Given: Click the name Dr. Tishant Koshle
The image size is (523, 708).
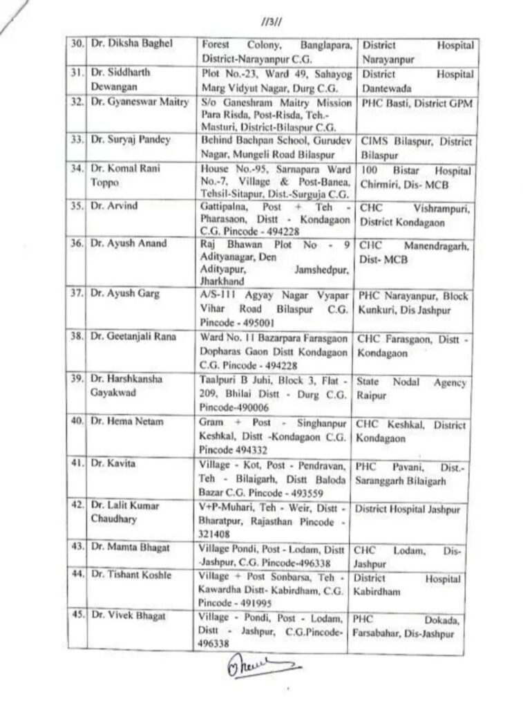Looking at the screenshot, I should pyautogui.click(x=125, y=575).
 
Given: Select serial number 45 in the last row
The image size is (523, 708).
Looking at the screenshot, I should pyautogui.click(x=77, y=617).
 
